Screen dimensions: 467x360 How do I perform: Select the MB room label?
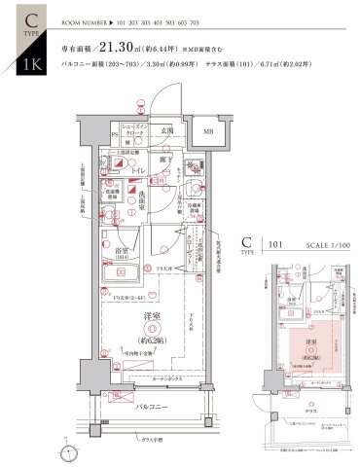click(209, 131)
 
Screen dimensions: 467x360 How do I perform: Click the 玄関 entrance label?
click(166, 130)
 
